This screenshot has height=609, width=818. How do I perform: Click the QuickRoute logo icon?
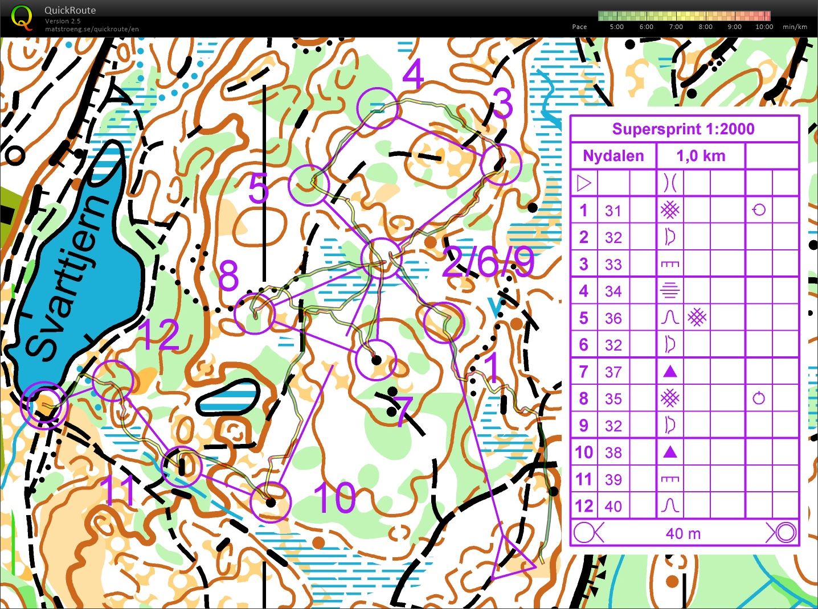coord(22,17)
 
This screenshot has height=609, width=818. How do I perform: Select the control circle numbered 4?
coord(377,108)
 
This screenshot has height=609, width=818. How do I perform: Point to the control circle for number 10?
coord(271,502)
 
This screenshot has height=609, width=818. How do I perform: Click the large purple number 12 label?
coord(159,335)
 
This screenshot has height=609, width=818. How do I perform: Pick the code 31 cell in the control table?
coord(613,211)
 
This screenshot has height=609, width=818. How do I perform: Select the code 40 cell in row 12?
coord(613,507)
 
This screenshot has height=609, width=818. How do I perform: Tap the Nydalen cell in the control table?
coord(613,156)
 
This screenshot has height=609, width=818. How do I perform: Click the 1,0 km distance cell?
coord(701,156)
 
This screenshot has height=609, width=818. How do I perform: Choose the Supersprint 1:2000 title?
coord(683,129)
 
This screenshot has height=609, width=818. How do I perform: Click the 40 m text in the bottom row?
coord(683,534)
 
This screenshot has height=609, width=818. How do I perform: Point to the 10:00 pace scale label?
coord(764,27)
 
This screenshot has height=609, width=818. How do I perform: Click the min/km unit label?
coord(795,27)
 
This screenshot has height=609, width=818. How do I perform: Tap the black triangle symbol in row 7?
coord(670,372)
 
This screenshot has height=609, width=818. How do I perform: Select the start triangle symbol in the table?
coord(584,183)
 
